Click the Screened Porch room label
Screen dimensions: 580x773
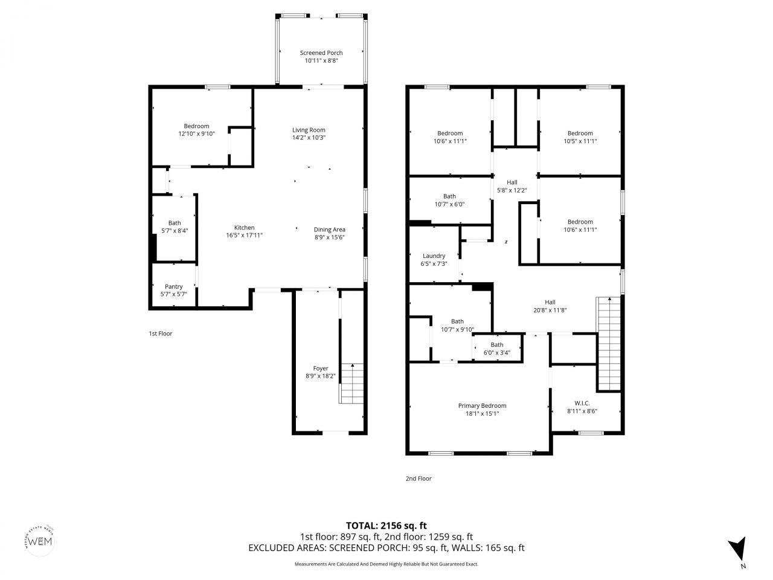pos(321,53)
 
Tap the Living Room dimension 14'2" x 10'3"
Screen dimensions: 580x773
pos(309,138)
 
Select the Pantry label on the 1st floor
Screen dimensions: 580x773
pos(173,286)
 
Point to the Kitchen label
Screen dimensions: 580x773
pos(244,228)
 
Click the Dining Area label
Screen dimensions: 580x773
pos(329,230)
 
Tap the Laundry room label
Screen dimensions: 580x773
pos(434,256)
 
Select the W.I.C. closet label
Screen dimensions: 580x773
pos(582,403)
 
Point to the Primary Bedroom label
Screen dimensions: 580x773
pos(482,406)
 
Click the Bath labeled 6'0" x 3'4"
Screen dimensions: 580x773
pos(496,345)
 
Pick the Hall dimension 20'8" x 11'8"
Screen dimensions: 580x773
pos(550,311)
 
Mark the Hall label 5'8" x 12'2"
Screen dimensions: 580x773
pos(512,190)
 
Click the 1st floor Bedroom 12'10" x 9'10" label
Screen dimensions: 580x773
pos(196,126)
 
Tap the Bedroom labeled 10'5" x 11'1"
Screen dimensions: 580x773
pos(580,134)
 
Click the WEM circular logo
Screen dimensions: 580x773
pos(40,540)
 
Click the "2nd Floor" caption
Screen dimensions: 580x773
pos(418,478)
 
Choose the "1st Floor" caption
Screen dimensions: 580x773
pos(160,333)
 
